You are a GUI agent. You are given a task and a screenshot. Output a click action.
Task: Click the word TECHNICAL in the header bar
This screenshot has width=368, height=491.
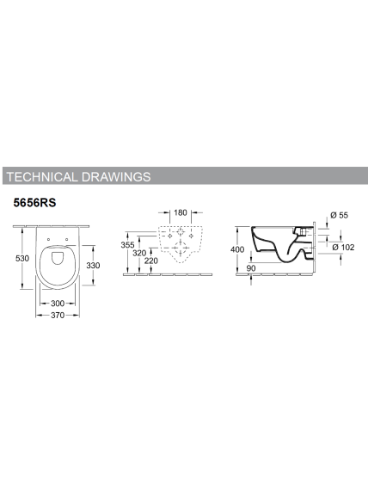pyautogui.click(x=41, y=177)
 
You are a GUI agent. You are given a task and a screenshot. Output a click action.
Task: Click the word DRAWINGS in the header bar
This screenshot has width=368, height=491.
pyautogui.click(x=116, y=177)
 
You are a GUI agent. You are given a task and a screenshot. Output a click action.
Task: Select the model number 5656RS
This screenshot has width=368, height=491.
pyautogui.click(x=34, y=203)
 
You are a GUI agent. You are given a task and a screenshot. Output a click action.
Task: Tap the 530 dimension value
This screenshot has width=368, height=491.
pyautogui.click(x=22, y=258)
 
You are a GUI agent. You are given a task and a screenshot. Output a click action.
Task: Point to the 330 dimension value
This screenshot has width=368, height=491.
pyautogui.click(x=93, y=265)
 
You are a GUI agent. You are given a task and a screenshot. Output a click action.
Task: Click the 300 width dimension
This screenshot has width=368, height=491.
pyautogui.click(x=58, y=304)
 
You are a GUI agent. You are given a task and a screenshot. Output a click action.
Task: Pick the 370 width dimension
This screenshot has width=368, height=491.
pyautogui.click(x=58, y=315)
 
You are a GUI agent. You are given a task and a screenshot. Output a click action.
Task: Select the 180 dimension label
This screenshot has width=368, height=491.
pyautogui.click(x=181, y=212)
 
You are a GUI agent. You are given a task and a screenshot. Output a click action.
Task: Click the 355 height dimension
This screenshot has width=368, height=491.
pyautogui.click(x=127, y=245)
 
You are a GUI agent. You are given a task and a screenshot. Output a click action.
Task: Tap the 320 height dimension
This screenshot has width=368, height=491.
pyautogui.click(x=139, y=253)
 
